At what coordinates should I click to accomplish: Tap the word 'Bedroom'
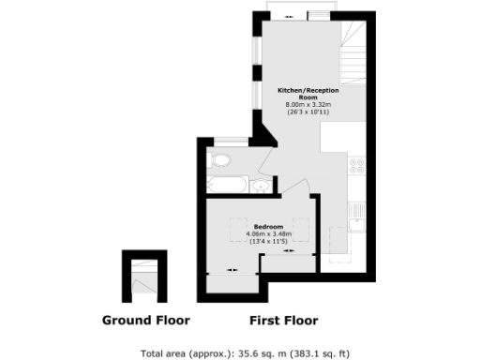tap(269, 226)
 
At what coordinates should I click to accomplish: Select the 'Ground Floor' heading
tap(145, 320)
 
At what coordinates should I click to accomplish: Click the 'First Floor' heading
tap(283, 320)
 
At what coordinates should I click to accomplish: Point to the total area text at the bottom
tap(244, 352)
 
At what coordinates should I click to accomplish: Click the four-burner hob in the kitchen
tap(357, 167)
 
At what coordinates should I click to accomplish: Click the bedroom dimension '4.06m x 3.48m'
tap(269, 233)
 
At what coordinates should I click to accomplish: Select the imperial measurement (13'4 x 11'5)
tap(269, 241)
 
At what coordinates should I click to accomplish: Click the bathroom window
tap(231, 141)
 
